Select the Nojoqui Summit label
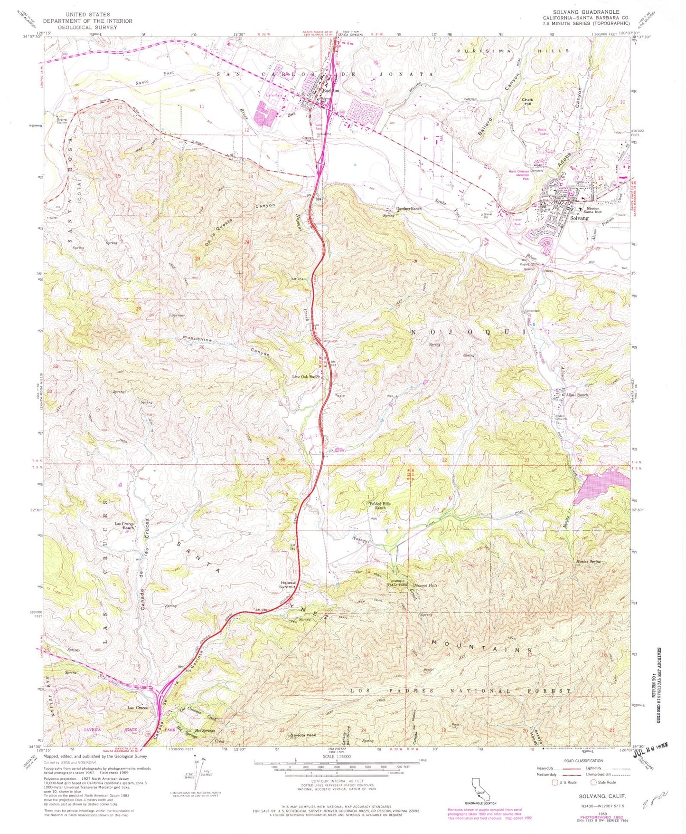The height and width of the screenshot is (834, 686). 288,585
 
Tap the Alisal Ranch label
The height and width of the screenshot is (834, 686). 576,395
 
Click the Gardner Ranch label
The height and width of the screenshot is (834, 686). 409,209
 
